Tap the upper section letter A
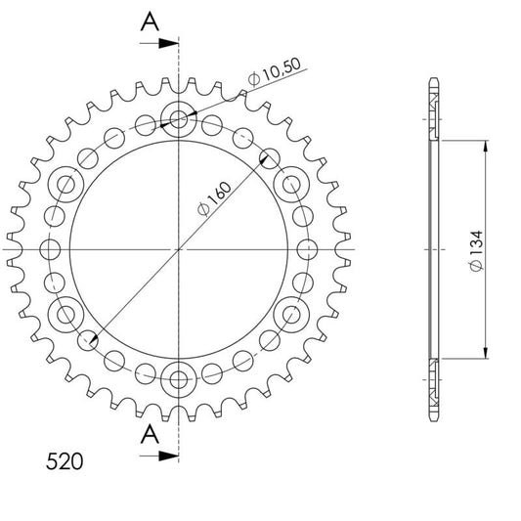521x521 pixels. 148,21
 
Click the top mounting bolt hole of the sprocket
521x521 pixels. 179,119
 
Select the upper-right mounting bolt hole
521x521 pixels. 290,184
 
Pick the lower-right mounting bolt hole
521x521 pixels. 290,313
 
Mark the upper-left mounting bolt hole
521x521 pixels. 67,184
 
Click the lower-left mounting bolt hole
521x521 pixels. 67,313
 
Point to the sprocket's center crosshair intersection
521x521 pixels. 179,248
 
